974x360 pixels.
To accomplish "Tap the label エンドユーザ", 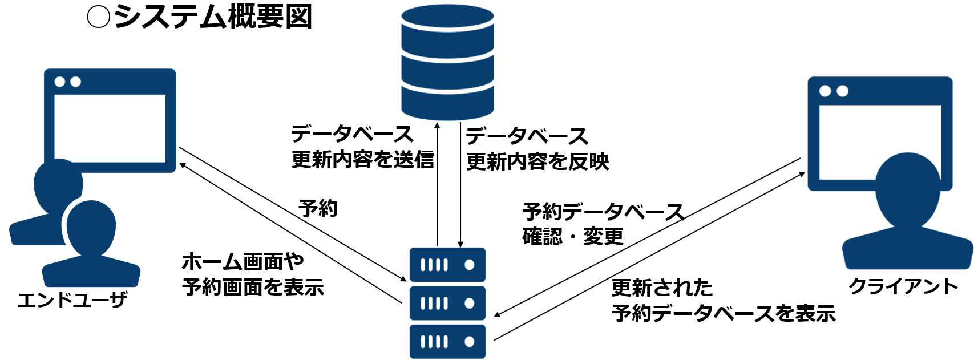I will coord(72,300).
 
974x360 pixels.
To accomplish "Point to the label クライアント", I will coord(903,286).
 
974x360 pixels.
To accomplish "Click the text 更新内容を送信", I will coord(363,160).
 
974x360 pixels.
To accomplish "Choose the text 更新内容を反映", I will coord(537,162).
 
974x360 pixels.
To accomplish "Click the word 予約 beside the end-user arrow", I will coord(318,208).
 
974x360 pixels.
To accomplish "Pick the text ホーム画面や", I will coord(243,262).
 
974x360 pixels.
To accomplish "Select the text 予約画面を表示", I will coord(253,287).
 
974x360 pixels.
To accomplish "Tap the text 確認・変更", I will coord(573,236).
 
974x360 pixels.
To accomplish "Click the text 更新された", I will coord(662,288).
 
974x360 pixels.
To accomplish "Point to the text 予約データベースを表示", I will coord(724,313).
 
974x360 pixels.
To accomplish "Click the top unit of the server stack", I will coord(447,265).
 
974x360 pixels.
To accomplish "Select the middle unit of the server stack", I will coord(447,303).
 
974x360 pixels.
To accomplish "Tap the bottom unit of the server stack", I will coord(447,341).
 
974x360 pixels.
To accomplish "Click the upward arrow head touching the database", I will coord(437,125).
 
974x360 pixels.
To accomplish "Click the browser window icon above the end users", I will coord(110,120).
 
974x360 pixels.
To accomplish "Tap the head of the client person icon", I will coord(907,188).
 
